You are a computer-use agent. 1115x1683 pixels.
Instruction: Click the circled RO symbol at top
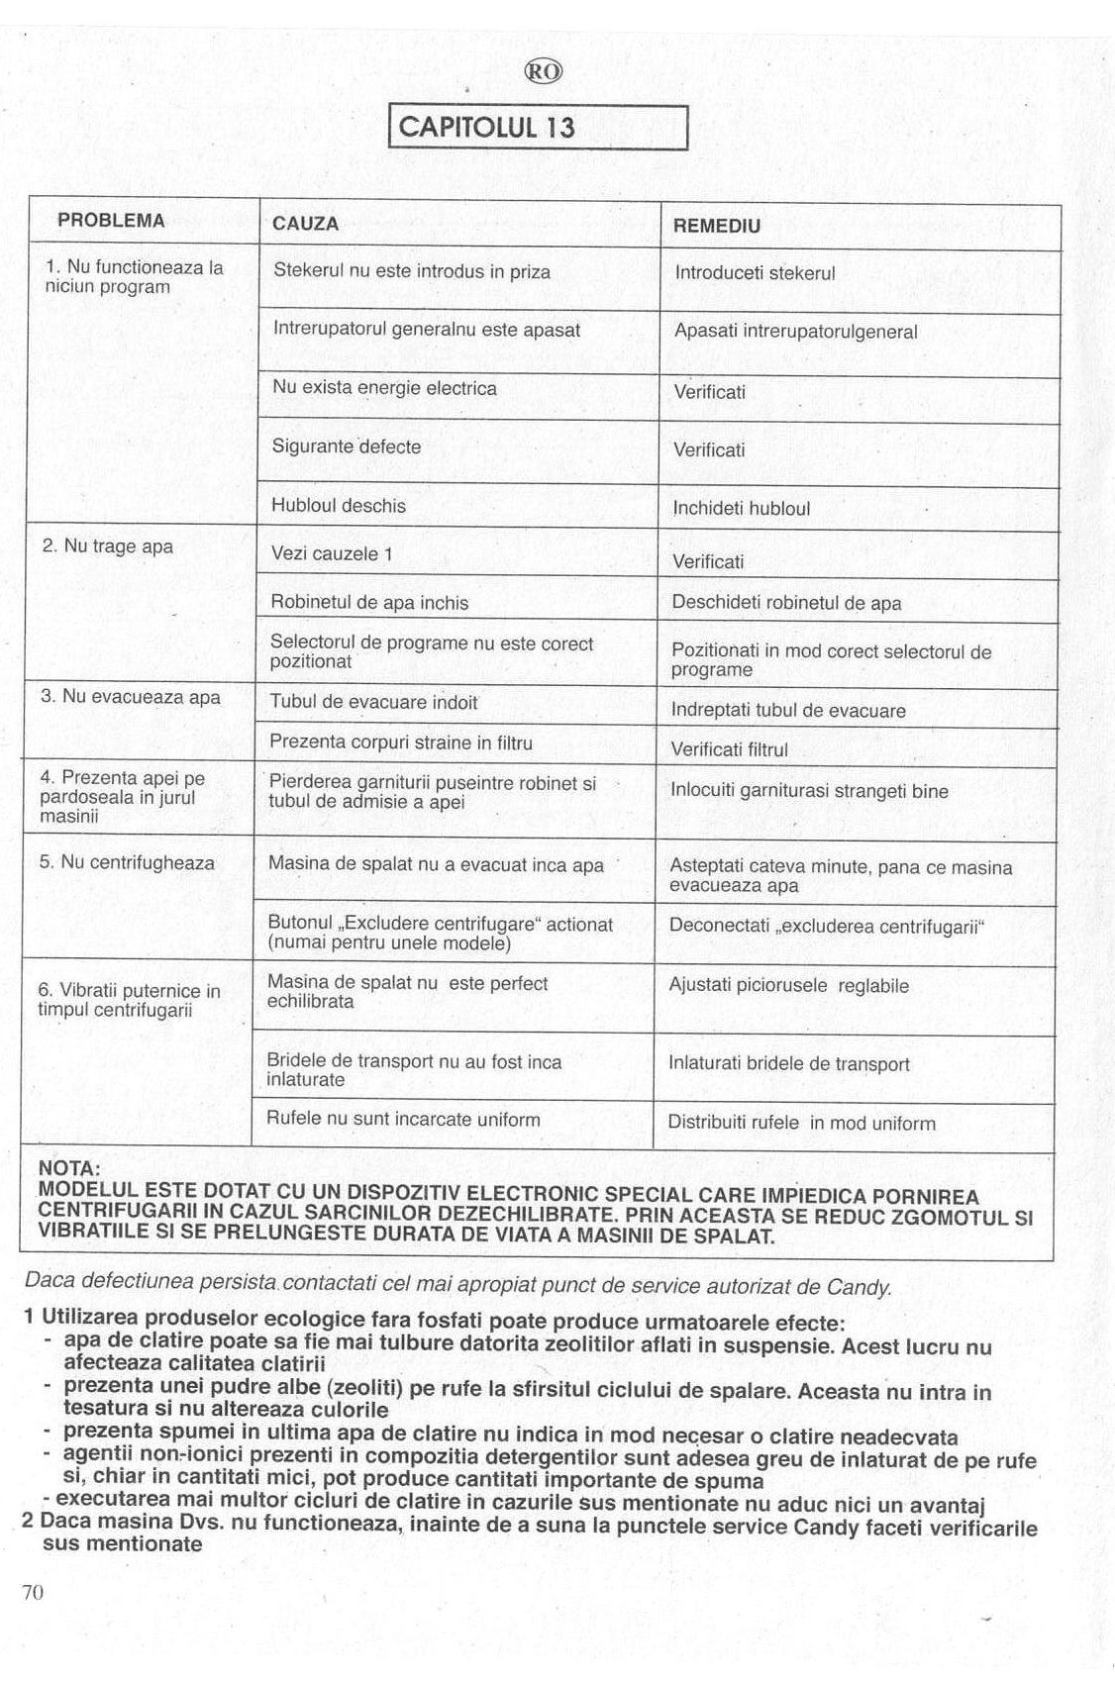[x=544, y=71]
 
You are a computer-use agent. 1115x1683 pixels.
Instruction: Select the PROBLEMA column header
[x=111, y=221]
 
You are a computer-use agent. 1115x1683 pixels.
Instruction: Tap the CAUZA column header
[x=305, y=224]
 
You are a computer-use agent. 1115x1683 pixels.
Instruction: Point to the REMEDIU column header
[x=717, y=226]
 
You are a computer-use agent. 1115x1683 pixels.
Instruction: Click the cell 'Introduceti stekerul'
[x=755, y=273]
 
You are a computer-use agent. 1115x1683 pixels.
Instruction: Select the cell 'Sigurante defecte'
[x=347, y=446]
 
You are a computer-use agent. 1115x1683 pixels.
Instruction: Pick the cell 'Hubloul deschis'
[x=339, y=506]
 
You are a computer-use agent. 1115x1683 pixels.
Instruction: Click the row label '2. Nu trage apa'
[x=107, y=546]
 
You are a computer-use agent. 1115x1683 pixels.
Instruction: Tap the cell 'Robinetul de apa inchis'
[x=369, y=602]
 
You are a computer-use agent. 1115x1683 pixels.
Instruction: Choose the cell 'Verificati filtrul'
[x=730, y=749]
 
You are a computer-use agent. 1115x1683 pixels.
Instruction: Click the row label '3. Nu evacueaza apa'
[x=130, y=697]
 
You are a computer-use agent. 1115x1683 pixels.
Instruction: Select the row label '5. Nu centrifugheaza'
[x=127, y=862]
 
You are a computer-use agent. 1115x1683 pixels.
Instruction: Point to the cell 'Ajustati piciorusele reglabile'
[x=788, y=986]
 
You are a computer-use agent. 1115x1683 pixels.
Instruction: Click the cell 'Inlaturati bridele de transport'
[x=788, y=1064]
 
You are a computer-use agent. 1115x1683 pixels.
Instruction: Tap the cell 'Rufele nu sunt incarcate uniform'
[x=403, y=1120]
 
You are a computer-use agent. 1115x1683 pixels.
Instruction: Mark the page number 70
[x=33, y=1592]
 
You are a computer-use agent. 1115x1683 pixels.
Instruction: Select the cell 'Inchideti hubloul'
[x=741, y=509]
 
